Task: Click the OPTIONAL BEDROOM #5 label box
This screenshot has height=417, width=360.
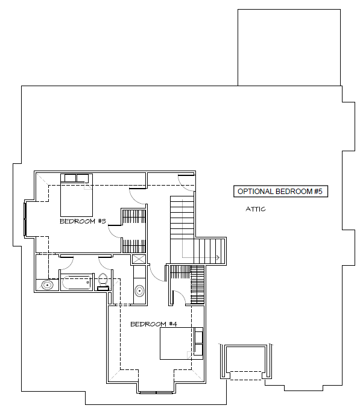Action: coord(280,192)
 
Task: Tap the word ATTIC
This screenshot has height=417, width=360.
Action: coord(256,209)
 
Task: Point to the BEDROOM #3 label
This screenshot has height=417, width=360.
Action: coord(83,221)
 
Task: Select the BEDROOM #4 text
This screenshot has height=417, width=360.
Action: coord(154,324)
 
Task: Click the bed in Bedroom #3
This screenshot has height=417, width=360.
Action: coord(77,195)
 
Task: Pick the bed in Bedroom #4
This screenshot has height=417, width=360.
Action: coord(181,343)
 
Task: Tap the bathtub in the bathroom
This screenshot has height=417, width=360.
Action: coord(76,283)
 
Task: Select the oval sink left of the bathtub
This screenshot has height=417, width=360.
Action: coord(48,285)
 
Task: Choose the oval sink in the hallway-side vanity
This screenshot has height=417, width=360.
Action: coord(139,290)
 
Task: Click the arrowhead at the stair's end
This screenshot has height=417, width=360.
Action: coord(218,257)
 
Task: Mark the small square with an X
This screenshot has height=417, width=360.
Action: coord(139,259)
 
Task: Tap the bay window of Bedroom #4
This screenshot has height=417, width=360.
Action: coord(156,392)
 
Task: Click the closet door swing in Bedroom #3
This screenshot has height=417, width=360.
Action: coord(115,231)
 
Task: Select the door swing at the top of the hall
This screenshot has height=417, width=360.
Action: coord(186,183)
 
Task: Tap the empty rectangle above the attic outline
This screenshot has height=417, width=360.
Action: coord(289,48)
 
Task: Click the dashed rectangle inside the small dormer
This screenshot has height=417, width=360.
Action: coord(245,375)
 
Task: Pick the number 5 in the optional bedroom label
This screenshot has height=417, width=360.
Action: coord(320,192)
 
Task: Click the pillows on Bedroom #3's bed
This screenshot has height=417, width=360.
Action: coord(77,178)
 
